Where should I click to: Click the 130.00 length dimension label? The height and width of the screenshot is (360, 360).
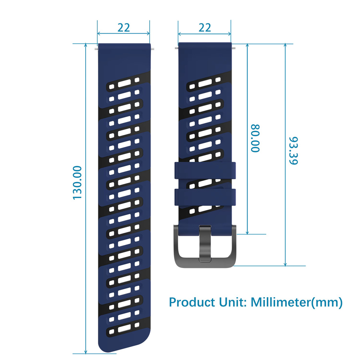(x=77, y=183)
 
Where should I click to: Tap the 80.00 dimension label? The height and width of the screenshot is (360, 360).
(x=255, y=138)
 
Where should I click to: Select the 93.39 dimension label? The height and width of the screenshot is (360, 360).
(x=293, y=151)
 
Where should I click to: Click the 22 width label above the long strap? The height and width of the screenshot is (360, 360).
(x=124, y=28)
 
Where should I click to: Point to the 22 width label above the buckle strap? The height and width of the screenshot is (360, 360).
(x=204, y=28)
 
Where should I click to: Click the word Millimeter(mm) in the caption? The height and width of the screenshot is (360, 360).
(x=296, y=302)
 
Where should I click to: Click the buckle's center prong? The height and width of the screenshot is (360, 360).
(x=205, y=244)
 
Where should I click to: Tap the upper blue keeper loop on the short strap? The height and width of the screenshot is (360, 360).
(x=205, y=170)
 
